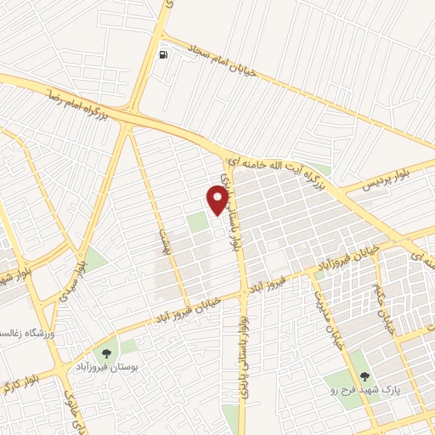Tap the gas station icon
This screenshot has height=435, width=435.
(162, 55)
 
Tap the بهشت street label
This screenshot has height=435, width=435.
(164, 225)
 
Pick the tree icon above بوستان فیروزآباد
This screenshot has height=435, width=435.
(108, 353)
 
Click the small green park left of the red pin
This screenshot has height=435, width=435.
(198, 223)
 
